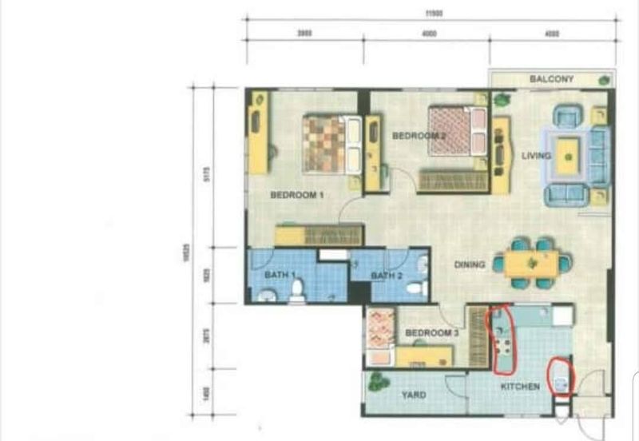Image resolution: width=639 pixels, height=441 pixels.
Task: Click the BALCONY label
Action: click(552, 79)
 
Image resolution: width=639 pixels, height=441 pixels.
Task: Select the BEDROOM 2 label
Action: click(419, 136)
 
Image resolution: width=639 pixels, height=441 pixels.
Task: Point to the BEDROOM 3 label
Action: click(431, 333)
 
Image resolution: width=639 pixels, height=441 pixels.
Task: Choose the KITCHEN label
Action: click(520, 387)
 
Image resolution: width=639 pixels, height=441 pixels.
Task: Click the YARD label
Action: click(414, 395)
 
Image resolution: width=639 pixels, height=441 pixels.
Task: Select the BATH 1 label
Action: click(280, 276)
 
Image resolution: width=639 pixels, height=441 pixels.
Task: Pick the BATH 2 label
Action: click(387, 276)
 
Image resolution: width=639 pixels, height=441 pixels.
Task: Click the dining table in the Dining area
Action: click(531, 263)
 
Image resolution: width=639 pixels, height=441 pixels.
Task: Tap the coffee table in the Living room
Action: click(568, 157)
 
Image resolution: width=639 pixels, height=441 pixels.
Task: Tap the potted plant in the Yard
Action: click(375, 382)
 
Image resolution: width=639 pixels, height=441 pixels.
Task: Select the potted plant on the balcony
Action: click(604, 79)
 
